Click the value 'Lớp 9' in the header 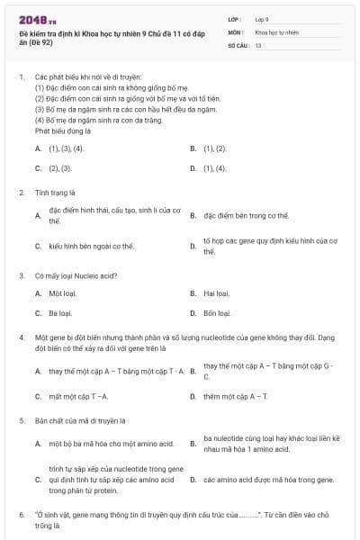262,18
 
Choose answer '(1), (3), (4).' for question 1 65,148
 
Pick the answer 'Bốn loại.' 217,313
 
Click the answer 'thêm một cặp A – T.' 236,396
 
